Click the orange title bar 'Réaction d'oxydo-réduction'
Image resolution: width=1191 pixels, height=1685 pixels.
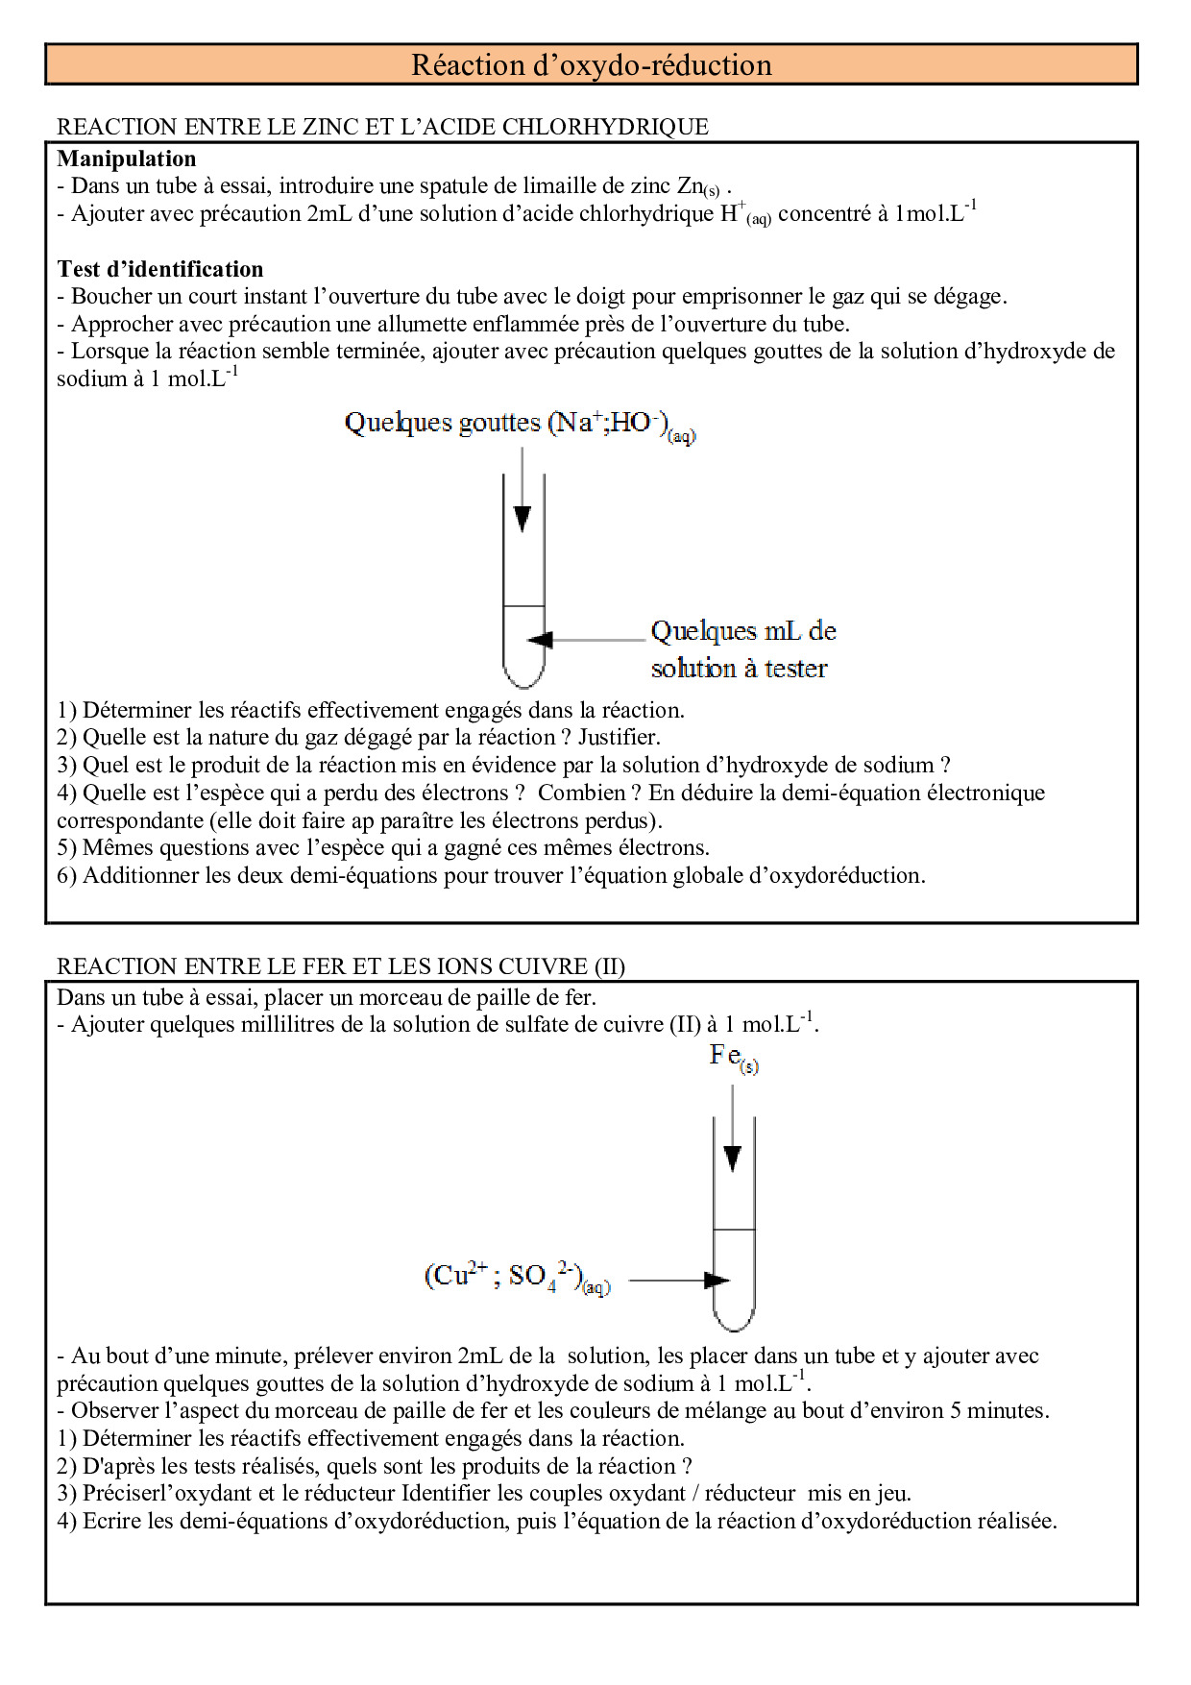(591, 64)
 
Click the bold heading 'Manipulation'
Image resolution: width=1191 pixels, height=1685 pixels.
(126, 159)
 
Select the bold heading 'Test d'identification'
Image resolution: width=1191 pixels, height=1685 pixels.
(159, 269)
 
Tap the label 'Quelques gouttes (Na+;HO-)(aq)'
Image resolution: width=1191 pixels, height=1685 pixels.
(519, 424)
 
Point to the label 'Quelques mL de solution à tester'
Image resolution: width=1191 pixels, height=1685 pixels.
(742, 649)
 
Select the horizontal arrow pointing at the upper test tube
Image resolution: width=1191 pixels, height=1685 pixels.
(586, 640)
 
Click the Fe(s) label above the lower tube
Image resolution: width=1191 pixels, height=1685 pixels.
(733, 1057)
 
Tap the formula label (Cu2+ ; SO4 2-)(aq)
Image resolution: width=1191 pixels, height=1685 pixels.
(517, 1278)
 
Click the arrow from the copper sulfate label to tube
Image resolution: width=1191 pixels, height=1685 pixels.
(679, 1280)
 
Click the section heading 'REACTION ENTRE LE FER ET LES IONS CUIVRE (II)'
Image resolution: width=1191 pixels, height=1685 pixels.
(340, 965)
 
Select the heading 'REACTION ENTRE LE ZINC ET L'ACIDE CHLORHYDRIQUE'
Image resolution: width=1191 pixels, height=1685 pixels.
(382, 127)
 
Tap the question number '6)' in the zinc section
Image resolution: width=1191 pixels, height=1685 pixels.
(66, 875)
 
